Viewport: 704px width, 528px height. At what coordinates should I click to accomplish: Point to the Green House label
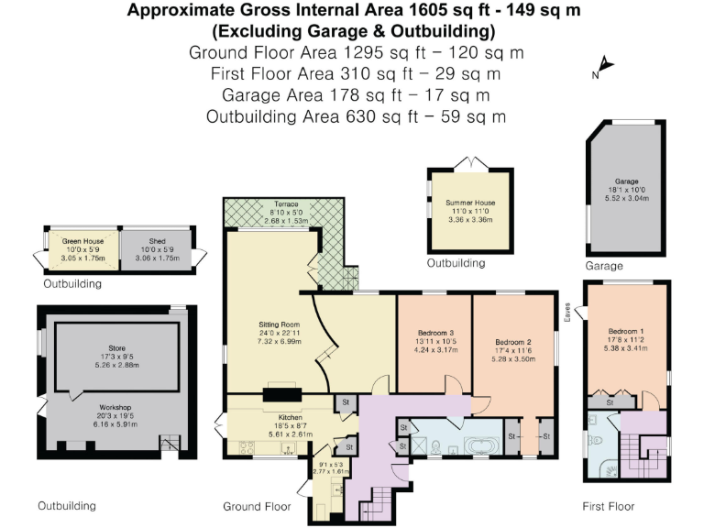click(71, 242)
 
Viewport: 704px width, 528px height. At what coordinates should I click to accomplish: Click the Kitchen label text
click(278, 417)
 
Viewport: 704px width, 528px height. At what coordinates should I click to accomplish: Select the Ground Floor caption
click(257, 506)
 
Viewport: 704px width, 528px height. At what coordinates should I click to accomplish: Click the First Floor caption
click(608, 506)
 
